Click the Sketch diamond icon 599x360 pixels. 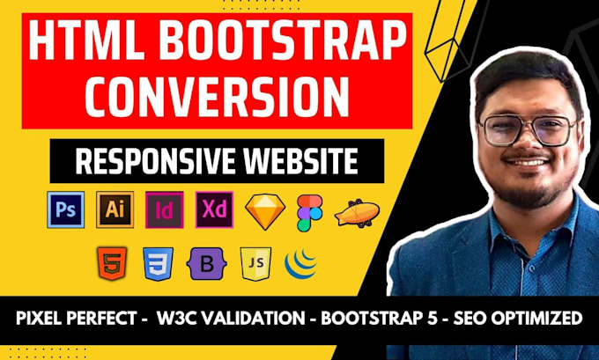point(261,210)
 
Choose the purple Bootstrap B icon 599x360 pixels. point(203,264)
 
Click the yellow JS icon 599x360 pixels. point(250,264)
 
